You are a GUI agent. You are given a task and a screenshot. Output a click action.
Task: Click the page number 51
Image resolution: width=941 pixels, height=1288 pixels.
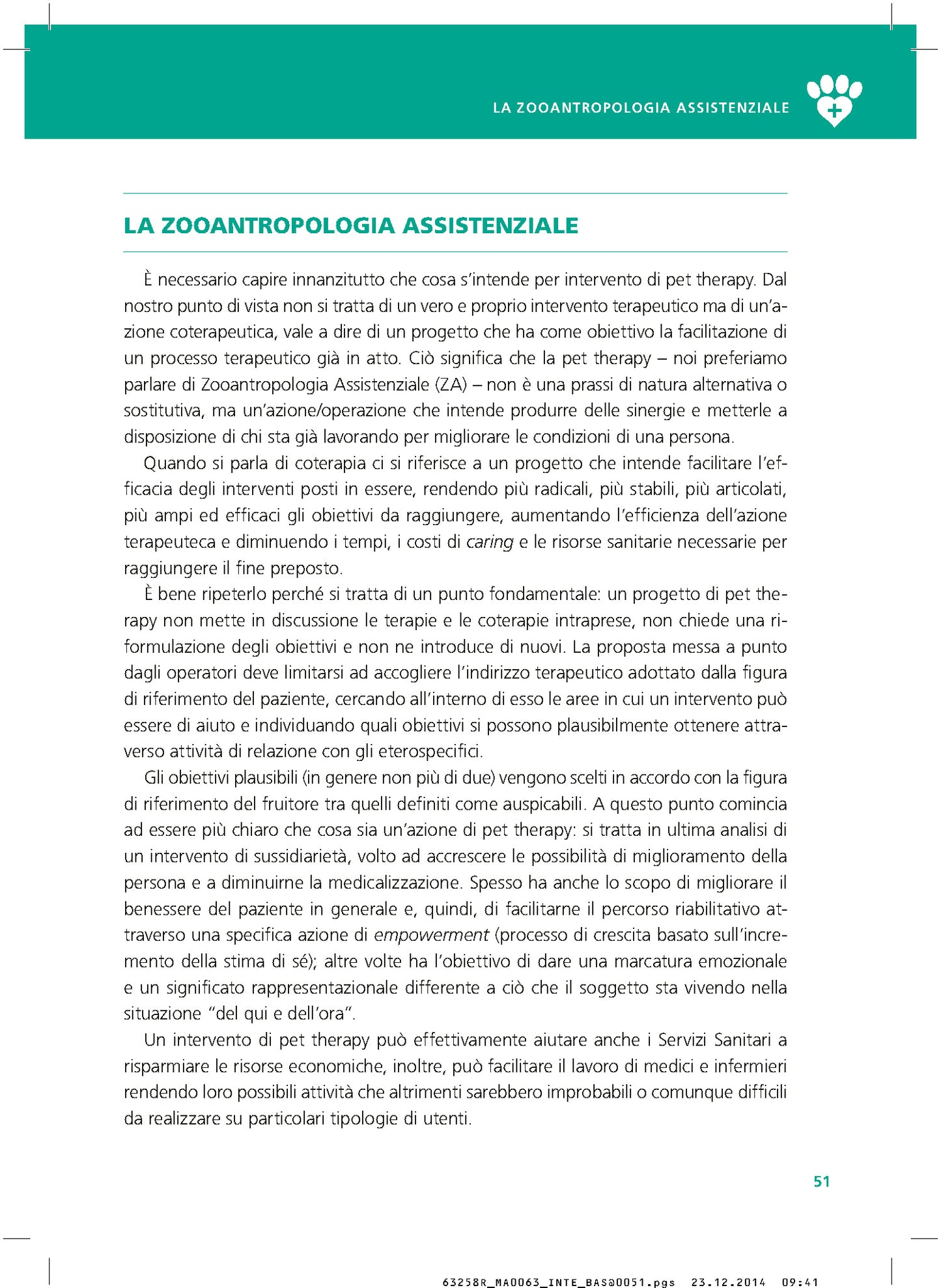click(x=821, y=1181)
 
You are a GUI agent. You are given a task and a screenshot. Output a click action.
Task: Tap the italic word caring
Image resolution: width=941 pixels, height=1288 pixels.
click(x=490, y=542)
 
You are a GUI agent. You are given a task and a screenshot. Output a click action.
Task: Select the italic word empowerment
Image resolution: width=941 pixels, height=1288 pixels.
click(x=431, y=935)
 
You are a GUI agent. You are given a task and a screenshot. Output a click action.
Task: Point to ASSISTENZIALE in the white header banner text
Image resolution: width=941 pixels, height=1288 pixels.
click(x=733, y=108)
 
